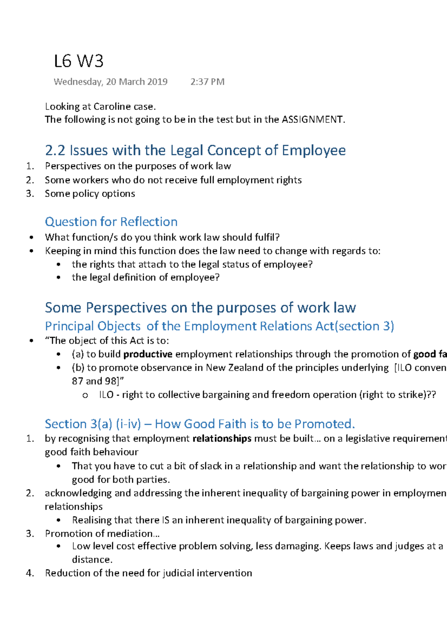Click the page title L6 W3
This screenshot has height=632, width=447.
[x=78, y=61]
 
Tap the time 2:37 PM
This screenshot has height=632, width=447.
[x=207, y=82]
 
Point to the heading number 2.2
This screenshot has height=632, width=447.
[x=55, y=150]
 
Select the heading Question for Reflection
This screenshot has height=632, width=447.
[x=111, y=222]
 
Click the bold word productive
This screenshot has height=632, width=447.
[x=148, y=354]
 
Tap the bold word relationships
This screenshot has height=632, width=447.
[x=222, y=438]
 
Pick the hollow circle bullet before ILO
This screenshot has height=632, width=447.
[x=85, y=395]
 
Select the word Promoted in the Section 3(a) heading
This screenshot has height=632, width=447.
[x=324, y=424]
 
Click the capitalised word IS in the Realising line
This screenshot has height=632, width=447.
[x=166, y=520]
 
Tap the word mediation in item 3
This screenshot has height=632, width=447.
[x=129, y=533]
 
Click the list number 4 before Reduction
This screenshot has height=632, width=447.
[x=30, y=573]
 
